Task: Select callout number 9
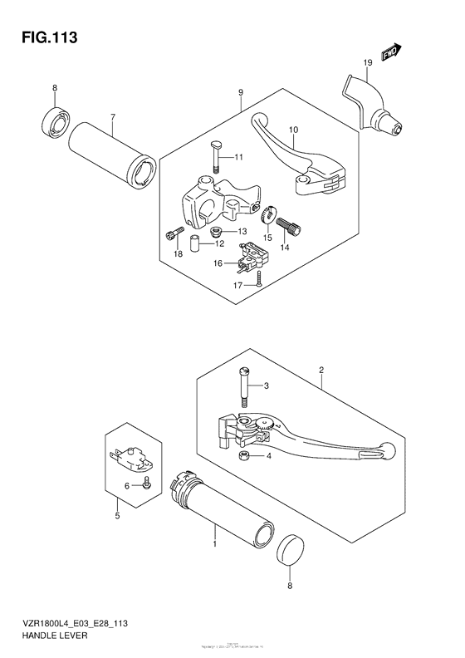click(x=240, y=93)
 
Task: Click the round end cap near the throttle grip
click(x=289, y=551)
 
